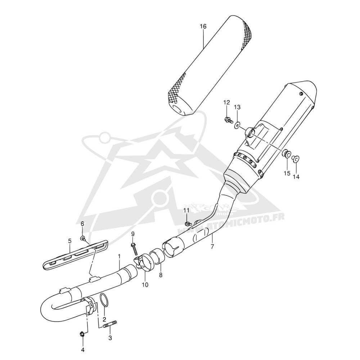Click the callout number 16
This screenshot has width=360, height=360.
(x=203, y=26)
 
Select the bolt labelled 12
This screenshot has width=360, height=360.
(x=228, y=120)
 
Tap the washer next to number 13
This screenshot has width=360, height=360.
(x=237, y=125)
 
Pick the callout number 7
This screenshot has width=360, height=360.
(x=212, y=247)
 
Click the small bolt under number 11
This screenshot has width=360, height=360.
(x=187, y=223)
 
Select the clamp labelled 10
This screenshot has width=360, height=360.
(x=144, y=261)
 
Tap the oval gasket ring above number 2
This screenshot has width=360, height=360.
(x=104, y=300)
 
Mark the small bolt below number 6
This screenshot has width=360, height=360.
(x=83, y=239)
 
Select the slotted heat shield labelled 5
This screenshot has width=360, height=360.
(x=76, y=255)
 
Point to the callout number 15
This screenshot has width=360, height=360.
(x=287, y=173)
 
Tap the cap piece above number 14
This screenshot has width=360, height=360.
(x=296, y=158)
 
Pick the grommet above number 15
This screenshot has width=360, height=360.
(x=286, y=154)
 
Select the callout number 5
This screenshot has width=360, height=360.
(x=70, y=241)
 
